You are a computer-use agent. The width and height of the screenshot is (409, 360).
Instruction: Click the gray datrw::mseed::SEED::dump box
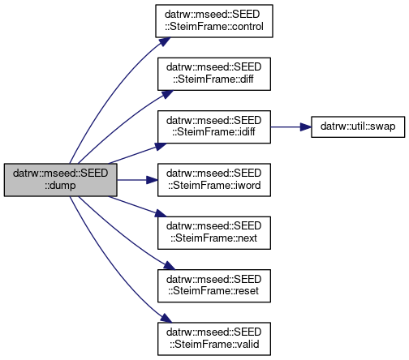pos(61,180)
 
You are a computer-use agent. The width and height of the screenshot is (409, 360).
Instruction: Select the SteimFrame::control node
pos(214,21)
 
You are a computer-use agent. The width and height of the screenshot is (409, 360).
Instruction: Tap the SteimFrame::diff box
pos(214,74)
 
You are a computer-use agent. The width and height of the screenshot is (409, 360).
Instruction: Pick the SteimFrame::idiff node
pos(214,126)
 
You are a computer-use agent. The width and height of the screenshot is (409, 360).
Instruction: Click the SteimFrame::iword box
pos(214,180)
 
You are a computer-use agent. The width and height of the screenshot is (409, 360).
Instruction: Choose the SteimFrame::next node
pos(214,233)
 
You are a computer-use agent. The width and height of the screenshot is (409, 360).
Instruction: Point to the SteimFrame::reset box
pos(214,285)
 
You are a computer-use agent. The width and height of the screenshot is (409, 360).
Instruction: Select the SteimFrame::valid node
pos(214,339)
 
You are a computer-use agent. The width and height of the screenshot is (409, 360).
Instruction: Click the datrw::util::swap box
pos(358,126)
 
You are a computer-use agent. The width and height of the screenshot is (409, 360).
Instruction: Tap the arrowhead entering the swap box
pos(306,126)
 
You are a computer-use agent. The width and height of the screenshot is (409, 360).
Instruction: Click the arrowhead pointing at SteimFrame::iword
pos(152,180)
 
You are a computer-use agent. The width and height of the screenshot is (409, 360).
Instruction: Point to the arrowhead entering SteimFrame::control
pos(164,41)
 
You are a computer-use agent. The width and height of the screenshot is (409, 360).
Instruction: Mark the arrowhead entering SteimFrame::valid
pos(166,318)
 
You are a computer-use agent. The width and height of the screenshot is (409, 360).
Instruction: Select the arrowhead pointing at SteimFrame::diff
pos(167,94)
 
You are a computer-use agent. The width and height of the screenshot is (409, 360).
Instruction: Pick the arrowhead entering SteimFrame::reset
pos(169,265)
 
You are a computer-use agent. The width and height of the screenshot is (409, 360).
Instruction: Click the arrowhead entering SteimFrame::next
pos(161,213)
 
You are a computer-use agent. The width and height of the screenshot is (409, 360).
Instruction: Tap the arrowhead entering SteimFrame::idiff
pos(161,147)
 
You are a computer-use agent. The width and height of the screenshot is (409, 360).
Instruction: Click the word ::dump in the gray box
pos(60,186)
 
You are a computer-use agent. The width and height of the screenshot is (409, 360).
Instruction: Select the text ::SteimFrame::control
pos(214,27)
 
